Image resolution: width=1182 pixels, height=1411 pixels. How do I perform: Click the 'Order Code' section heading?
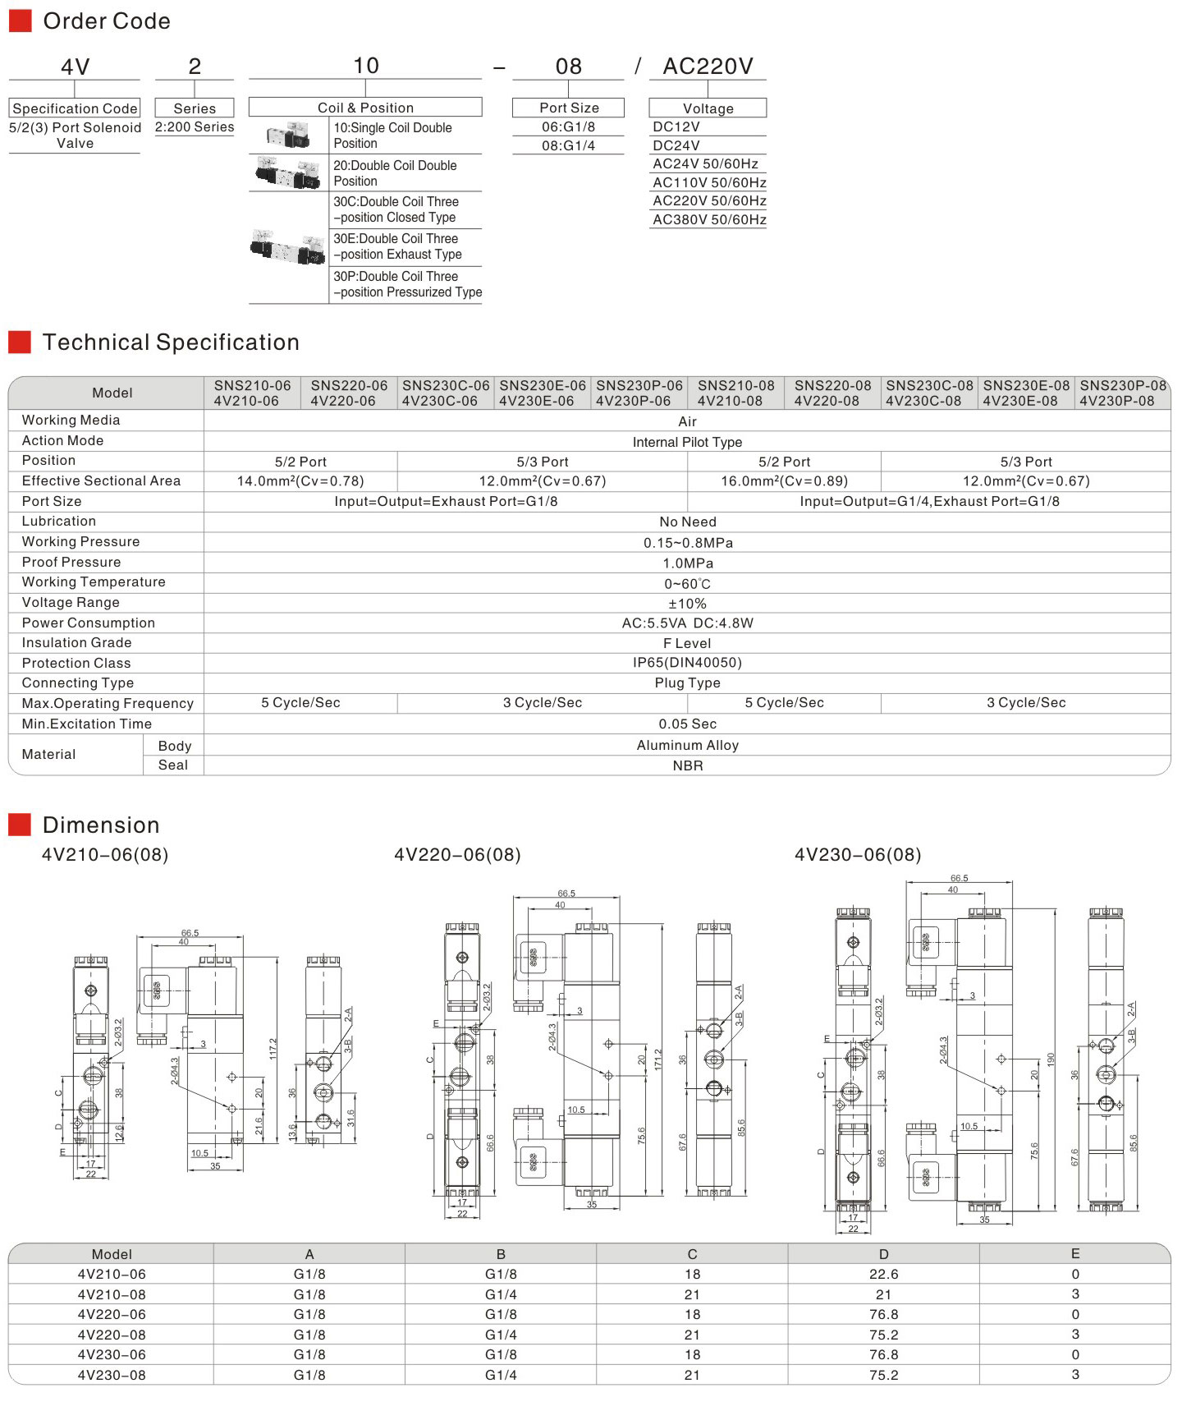(x=106, y=21)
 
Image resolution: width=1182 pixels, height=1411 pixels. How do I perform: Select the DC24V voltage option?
(x=676, y=145)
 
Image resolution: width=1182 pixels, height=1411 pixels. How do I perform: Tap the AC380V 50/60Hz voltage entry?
(x=709, y=219)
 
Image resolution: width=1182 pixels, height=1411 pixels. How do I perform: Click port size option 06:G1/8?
(x=568, y=126)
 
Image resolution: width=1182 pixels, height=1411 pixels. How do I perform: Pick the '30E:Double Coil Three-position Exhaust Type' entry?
(x=397, y=246)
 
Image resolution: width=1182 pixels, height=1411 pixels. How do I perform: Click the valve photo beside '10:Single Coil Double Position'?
(x=288, y=136)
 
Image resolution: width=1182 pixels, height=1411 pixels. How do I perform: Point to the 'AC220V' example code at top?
(x=708, y=66)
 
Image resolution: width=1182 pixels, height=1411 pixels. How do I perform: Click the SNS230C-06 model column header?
(x=445, y=393)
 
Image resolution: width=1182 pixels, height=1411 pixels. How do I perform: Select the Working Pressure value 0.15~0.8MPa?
(x=688, y=543)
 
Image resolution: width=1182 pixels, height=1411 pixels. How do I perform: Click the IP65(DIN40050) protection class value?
(x=688, y=663)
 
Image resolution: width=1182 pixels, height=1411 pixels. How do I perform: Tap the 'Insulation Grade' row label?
(x=76, y=643)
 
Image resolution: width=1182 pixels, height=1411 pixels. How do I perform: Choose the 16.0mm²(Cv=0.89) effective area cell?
(x=784, y=481)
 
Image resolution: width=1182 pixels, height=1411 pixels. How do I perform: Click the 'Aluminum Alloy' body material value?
(x=688, y=746)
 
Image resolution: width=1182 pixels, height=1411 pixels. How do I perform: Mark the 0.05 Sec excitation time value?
(x=688, y=724)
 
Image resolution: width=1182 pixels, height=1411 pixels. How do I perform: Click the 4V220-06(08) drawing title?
(x=457, y=855)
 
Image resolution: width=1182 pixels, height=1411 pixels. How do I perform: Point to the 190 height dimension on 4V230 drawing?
(x=1051, y=1060)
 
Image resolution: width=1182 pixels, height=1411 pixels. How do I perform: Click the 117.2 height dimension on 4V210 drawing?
(x=273, y=1049)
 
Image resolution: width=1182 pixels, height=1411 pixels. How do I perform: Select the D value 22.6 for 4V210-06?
(x=883, y=1275)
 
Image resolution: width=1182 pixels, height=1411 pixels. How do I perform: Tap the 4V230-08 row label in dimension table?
(x=112, y=1375)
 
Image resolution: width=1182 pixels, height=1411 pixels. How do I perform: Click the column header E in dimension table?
(x=1075, y=1254)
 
